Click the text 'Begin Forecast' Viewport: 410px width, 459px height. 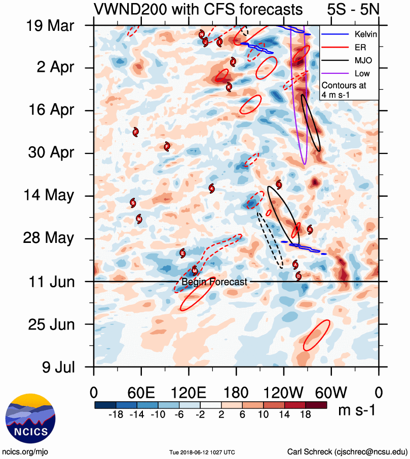tap(214, 282)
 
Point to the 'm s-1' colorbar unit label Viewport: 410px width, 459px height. tap(357, 410)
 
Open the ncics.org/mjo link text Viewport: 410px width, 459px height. tap(25, 451)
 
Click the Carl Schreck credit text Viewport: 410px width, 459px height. tap(348, 451)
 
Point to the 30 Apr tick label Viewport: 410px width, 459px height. tap(51, 153)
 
